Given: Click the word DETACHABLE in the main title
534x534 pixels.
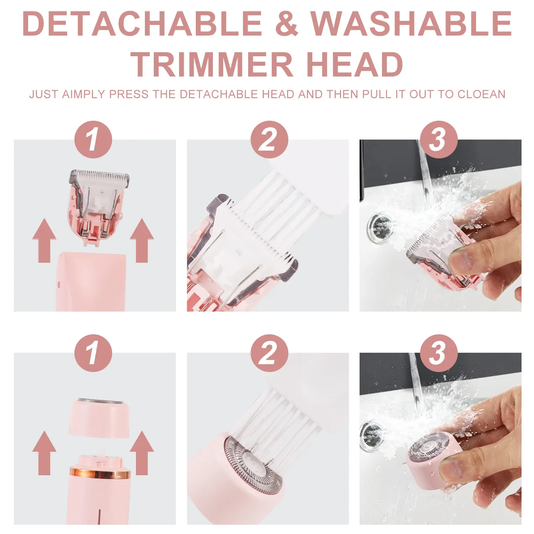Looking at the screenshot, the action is pyautogui.click(x=142, y=23).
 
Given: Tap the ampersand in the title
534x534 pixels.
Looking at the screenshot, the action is pyautogui.click(x=287, y=23).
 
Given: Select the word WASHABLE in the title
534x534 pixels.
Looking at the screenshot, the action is pyautogui.click(x=411, y=23).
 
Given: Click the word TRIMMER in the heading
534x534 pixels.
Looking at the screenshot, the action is pyautogui.click(x=212, y=64).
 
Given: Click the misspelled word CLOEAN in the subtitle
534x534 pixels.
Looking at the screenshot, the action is pyautogui.click(x=481, y=94).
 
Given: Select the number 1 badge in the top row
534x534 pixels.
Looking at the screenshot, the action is pyautogui.click(x=93, y=140).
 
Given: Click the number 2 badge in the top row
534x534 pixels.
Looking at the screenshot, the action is pyautogui.click(x=269, y=140).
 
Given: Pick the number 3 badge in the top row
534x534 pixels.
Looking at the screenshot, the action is pyautogui.click(x=439, y=140).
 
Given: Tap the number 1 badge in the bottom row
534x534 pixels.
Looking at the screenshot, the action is pyautogui.click(x=93, y=353).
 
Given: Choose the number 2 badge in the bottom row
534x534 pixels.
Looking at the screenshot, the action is pyautogui.click(x=269, y=353).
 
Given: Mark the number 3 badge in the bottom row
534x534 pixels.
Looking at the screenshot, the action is pyautogui.click(x=439, y=353).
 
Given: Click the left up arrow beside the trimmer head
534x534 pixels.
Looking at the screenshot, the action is pyautogui.click(x=44, y=241).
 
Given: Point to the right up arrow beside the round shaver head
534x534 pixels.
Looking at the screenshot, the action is pyautogui.click(x=142, y=453).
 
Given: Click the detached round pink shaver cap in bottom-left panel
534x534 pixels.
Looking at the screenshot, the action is pyautogui.click(x=99, y=418).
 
